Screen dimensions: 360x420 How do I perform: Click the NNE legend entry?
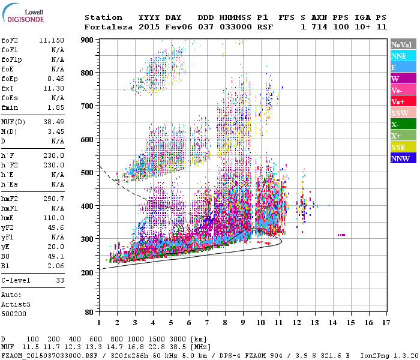point(403,56)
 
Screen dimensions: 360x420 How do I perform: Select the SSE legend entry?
point(403,147)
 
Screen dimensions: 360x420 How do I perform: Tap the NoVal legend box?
point(403,44)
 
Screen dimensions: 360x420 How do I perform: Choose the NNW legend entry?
point(403,158)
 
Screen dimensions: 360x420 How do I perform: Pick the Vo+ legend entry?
point(403,101)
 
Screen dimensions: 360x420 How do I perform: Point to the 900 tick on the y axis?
point(87,40)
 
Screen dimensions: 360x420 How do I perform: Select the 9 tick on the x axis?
point(243,323)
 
